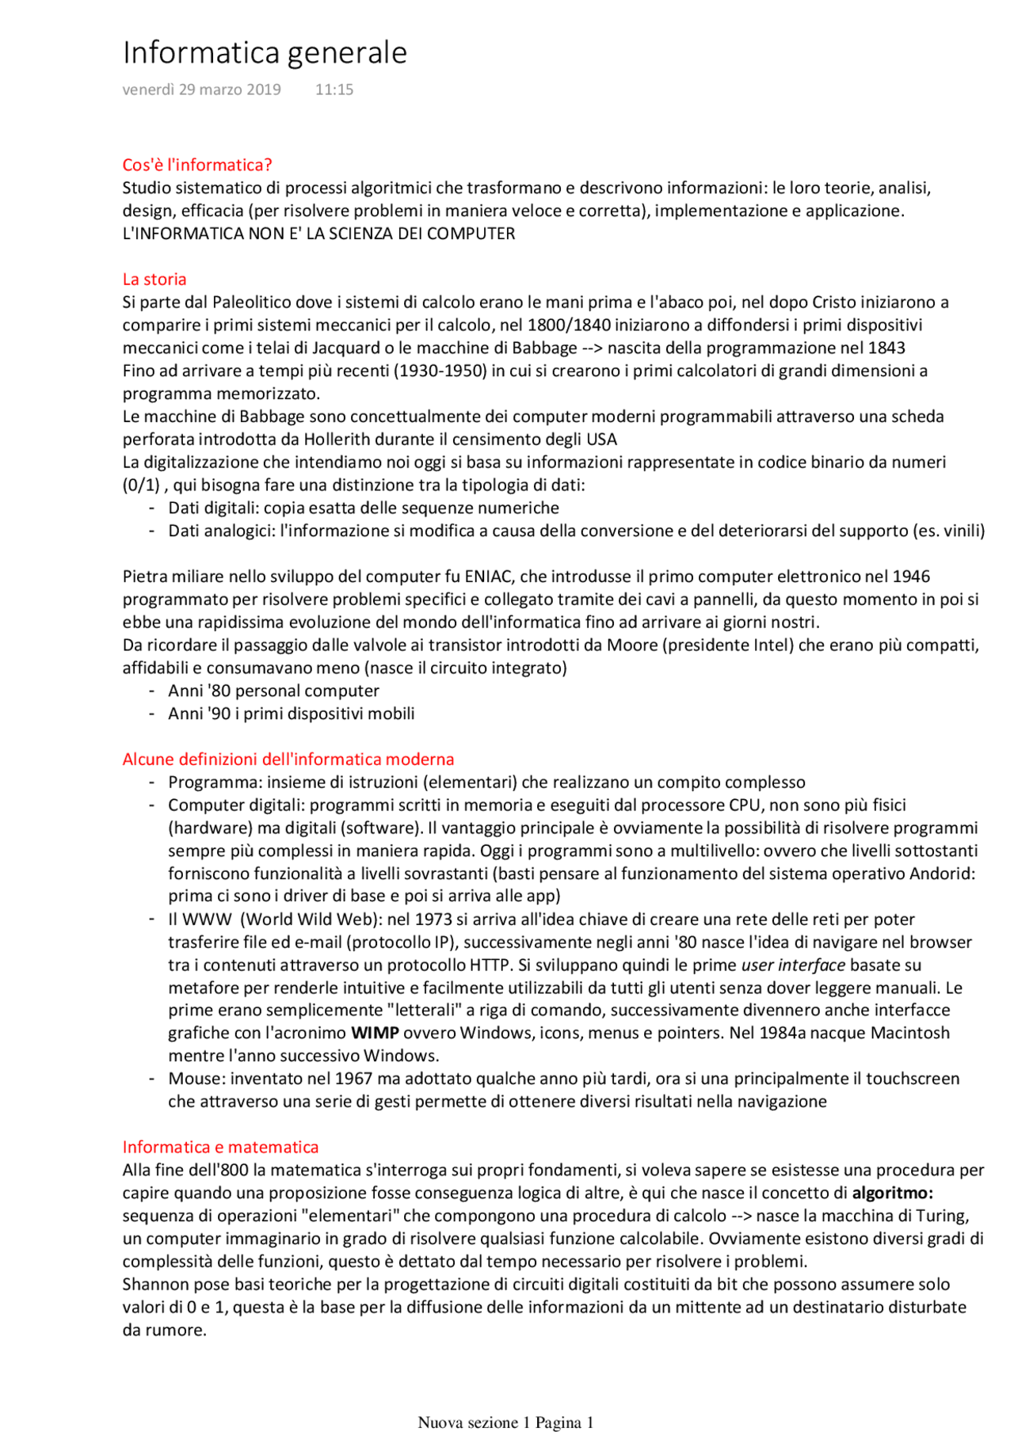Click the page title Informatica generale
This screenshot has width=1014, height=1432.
click(265, 53)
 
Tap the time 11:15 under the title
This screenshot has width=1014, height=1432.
click(334, 89)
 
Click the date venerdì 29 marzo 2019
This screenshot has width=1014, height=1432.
click(201, 89)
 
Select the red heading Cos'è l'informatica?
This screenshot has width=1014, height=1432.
click(196, 165)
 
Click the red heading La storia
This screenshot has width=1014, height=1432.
click(154, 279)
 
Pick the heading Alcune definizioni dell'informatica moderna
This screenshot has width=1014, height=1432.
click(288, 759)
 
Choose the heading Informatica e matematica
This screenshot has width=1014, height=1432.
click(220, 1147)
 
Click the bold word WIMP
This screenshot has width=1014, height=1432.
click(375, 1033)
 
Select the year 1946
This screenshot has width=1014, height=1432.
click(911, 577)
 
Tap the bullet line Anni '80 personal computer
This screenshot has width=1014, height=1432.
click(273, 691)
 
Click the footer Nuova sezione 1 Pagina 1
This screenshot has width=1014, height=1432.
click(505, 1422)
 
